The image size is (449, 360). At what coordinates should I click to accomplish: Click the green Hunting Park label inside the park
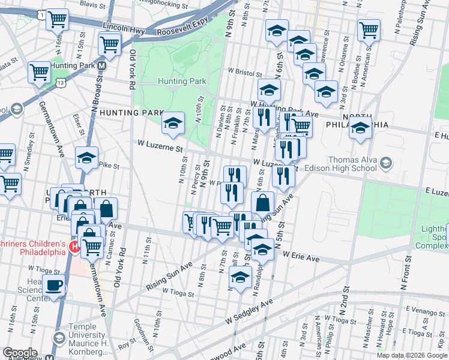click(x=182, y=81)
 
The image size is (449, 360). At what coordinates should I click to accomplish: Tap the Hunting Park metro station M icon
click(x=102, y=65)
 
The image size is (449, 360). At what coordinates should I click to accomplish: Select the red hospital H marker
click(x=74, y=247)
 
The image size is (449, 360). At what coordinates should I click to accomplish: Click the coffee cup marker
click(x=55, y=285)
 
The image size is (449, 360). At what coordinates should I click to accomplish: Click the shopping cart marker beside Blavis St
click(x=57, y=19)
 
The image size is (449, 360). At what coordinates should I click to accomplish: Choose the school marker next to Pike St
click(x=87, y=157)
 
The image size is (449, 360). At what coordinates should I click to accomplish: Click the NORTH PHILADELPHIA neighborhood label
click(x=357, y=120)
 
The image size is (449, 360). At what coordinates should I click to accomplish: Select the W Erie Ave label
click(x=303, y=257)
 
